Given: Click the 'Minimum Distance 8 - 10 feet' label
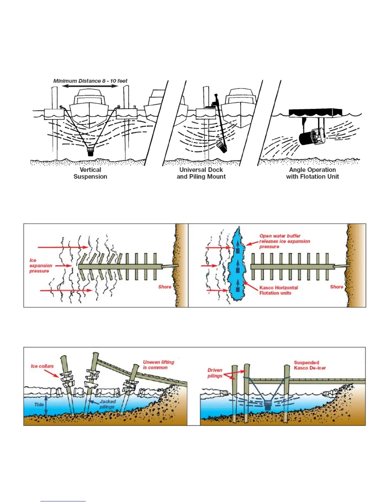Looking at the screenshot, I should [x=90, y=81].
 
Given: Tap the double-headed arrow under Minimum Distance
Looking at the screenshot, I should [x=90, y=86].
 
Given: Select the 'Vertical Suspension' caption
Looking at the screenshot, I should [x=90, y=173].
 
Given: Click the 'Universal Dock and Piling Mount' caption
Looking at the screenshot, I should [x=201, y=173].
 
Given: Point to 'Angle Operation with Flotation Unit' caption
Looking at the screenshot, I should [x=312, y=173].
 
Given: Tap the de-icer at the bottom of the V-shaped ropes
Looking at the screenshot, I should [x=90, y=151].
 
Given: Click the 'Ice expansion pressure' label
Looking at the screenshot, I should [x=40, y=266].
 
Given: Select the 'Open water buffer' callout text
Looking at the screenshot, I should [x=284, y=241].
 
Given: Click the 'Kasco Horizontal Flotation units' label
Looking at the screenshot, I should [x=278, y=290].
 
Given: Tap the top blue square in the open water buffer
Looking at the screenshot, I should [x=238, y=251].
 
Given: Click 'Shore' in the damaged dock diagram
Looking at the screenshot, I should [x=165, y=287].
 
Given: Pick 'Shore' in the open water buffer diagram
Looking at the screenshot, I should [x=336, y=287].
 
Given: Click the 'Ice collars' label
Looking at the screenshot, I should [x=42, y=366].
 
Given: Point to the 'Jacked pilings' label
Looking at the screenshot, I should [x=107, y=404].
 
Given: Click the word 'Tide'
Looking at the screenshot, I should [x=39, y=405].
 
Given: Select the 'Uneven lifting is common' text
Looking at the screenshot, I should [x=158, y=365].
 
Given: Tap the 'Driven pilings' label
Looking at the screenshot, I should [x=215, y=373].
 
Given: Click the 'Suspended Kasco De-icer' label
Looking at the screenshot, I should [x=310, y=365].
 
